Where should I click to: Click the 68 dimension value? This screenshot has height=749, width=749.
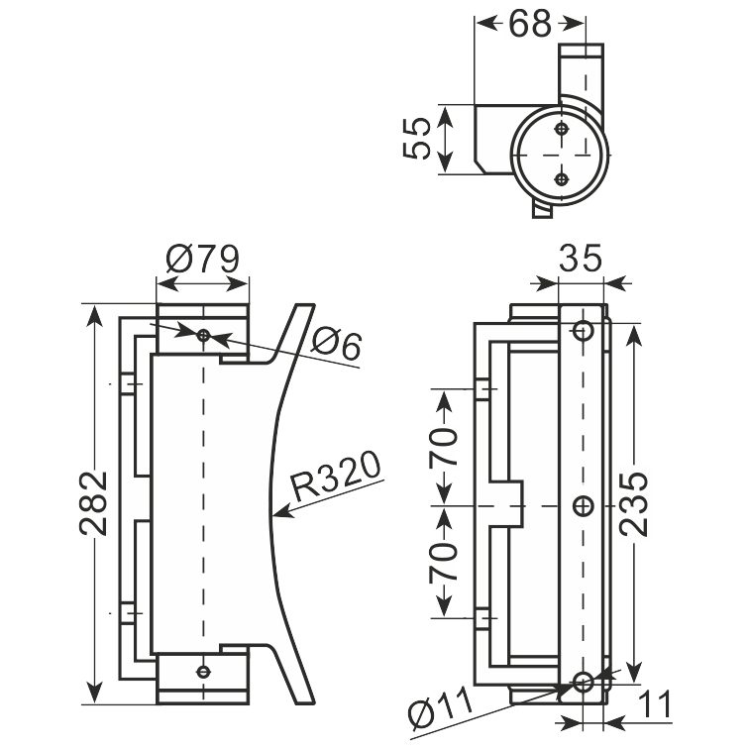pyautogui.click(x=530, y=24)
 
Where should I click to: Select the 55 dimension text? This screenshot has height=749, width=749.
pyautogui.click(x=417, y=139)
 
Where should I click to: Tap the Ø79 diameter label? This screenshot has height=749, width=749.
pyautogui.click(x=202, y=259)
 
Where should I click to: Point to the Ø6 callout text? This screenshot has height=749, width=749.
pyautogui.click(x=337, y=344)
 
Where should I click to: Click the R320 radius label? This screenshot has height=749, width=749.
pyautogui.click(x=336, y=476)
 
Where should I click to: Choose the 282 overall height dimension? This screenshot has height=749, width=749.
pyautogui.click(x=93, y=503)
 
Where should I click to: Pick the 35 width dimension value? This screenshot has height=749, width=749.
pyautogui.click(x=581, y=259)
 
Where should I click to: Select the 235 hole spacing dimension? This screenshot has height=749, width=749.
pyautogui.click(x=634, y=503)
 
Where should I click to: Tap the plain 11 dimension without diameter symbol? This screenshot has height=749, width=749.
pyautogui.click(x=655, y=705)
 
